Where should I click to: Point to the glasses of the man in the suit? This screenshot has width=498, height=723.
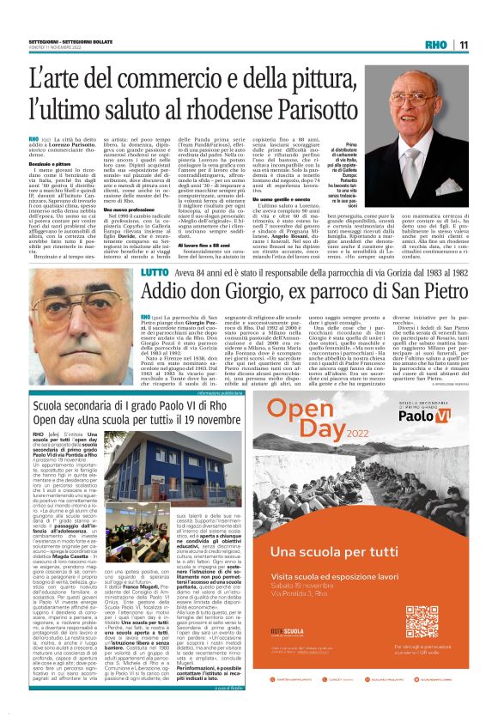(x=433, y=94)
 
